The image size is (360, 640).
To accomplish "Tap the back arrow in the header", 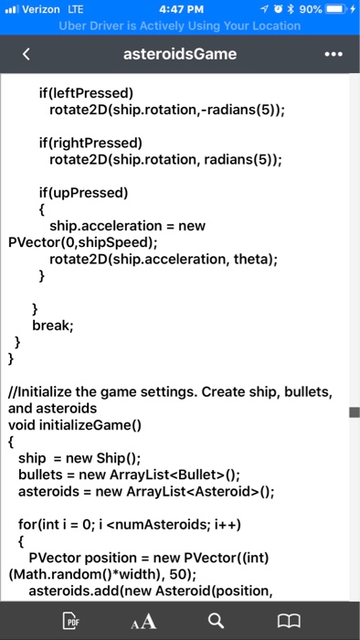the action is pyautogui.click(x=26, y=54).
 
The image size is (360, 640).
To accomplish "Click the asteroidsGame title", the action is pyautogui.click(x=180, y=54).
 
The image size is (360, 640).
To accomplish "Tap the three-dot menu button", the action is pyautogui.click(x=334, y=54).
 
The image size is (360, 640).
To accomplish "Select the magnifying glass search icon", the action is pyautogui.click(x=215, y=622).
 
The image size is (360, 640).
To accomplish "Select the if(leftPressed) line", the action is pyautogui.click(x=86, y=93).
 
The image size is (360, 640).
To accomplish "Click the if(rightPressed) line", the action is pyautogui.click(x=90, y=143).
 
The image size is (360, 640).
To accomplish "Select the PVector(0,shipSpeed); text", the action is pyautogui.click(x=73, y=242).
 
